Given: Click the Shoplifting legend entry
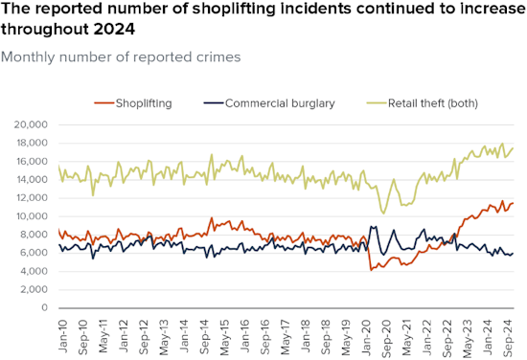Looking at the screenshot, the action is pyautogui.click(x=133, y=103).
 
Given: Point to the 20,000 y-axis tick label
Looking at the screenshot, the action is pyautogui.click(x=31, y=124).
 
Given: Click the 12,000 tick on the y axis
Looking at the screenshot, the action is pyautogui.click(x=31, y=198).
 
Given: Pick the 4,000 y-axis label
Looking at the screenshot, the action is pyautogui.click(x=34, y=271).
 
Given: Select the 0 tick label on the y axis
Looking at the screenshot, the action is pyautogui.click(x=44, y=307).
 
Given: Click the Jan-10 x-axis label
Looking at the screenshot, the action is pyautogui.click(x=63, y=336).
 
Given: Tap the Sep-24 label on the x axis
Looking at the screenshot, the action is pyautogui.click(x=509, y=337).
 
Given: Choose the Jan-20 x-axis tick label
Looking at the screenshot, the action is pyautogui.click(x=367, y=337).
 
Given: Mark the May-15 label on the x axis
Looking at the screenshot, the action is pyautogui.click(x=225, y=337).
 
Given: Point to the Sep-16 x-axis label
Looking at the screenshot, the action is pyautogui.click(x=265, y=337).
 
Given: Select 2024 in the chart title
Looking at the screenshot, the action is pyautogui.click(x=114, y=30).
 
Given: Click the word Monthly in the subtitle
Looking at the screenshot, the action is pyautogui.click(x=28, y=57).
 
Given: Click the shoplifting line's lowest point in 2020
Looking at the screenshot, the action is pyautogui.click(x=371, y=270).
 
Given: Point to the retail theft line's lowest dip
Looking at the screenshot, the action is pyautogui.click(x=383, y=214).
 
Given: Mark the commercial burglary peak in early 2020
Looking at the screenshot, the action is pyautogui.click(x=371, y=227).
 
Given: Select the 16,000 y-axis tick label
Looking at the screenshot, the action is pyautogui.click(x=31, y=161).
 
